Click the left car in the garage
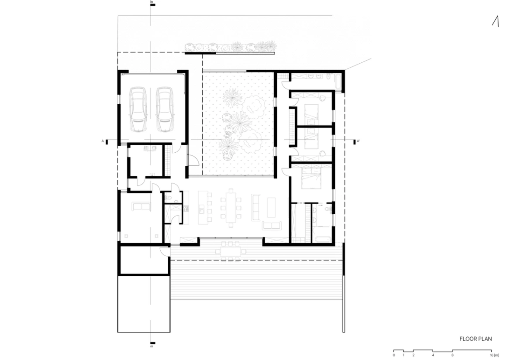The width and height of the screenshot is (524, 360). coord(138,109)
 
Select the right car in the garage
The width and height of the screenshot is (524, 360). coord(165,109)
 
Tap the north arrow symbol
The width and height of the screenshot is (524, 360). coord(496,21)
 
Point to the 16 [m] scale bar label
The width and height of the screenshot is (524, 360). coord(494,355)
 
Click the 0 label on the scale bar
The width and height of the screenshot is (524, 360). coord(394,355)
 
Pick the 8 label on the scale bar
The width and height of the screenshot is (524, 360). coord(452,355)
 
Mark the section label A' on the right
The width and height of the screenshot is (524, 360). coord(358,141)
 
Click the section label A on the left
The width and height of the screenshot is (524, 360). coord(103,141)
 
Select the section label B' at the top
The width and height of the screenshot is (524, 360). coord(152,2)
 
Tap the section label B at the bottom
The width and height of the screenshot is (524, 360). coord(152,346)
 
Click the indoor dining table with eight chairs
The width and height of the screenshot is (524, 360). coord(231,208)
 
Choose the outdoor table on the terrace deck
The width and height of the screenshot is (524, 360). coord(231,251)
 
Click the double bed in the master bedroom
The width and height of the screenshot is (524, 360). coord(311,178)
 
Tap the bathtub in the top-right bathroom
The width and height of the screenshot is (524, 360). coord(338,82)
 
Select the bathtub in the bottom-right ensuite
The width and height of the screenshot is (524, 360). coord(323,239)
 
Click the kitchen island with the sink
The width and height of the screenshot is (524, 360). coord(203,208)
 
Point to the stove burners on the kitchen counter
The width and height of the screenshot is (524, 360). coord(186,208)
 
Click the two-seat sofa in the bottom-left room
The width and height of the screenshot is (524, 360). coord(141,206)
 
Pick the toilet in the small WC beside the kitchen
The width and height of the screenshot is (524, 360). coord(168,199)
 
